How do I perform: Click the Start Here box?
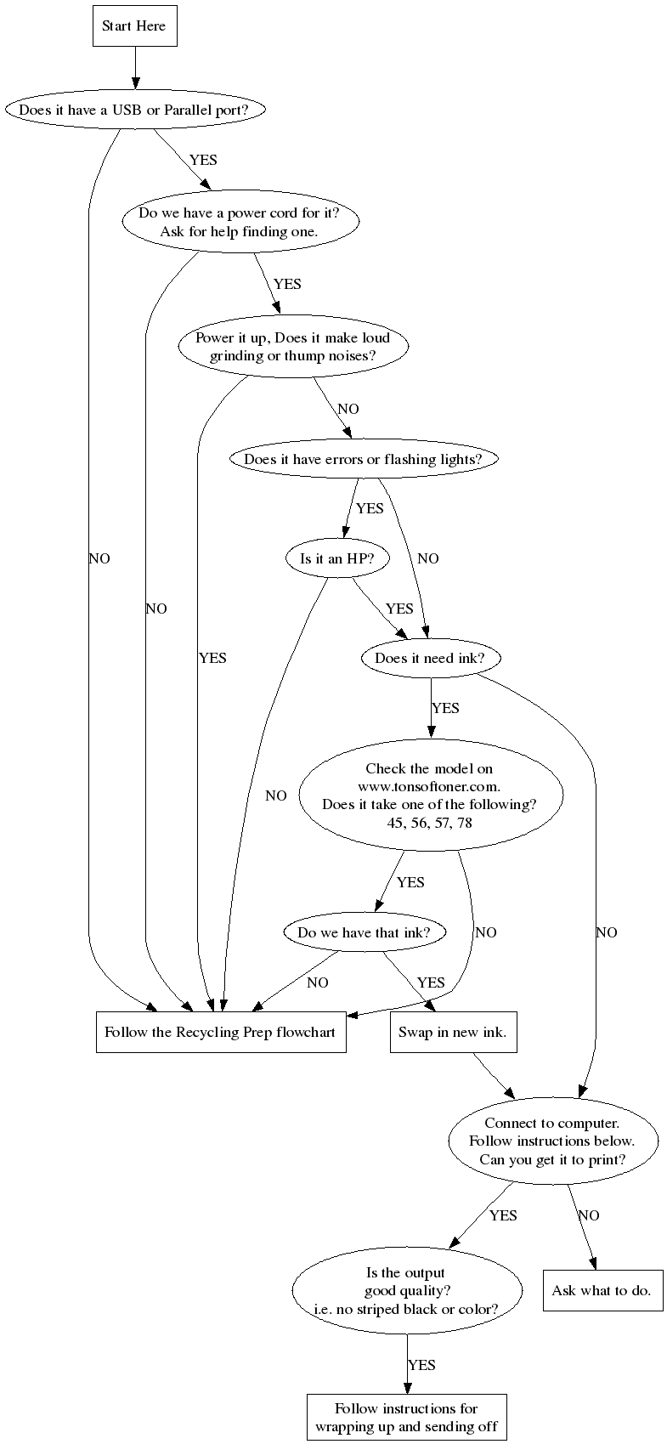134,26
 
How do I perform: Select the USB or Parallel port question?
133,110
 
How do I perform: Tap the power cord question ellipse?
239,222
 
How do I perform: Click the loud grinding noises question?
292,347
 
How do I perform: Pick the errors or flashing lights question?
363,460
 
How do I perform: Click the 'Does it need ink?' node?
429,659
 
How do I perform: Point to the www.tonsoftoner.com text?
429,786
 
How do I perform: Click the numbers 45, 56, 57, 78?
429,822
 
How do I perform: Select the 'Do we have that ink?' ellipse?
364,932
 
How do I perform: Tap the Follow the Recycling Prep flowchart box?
220,1033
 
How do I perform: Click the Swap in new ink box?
453,1033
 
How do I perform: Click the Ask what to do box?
602,1290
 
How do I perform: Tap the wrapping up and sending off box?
406,1417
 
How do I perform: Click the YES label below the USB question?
203,160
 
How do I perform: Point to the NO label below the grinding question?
348,410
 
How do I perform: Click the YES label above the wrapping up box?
421,1365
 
